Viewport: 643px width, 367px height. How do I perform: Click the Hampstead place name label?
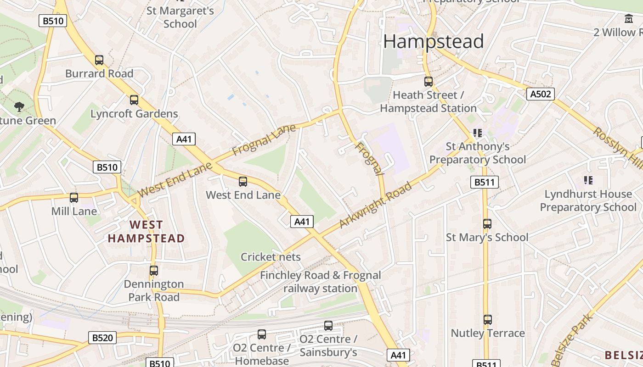tap(434, 41)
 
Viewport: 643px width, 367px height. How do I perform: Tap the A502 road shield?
tap(540, 94)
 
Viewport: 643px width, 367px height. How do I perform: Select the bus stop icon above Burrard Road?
tap(99, 60)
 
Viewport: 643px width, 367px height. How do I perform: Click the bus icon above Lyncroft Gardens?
tap(134, 100)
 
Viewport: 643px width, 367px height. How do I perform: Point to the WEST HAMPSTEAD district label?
tap(146, 232)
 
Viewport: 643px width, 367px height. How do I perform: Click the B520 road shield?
tap(102, 338)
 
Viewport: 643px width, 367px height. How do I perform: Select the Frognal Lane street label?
tap(264, 140)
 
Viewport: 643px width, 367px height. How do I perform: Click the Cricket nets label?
tap(271, 257)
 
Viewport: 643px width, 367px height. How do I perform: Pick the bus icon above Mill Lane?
tap(73, 198)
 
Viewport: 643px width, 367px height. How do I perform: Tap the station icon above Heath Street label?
tap(428, 82)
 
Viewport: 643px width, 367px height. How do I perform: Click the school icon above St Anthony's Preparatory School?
tap(478, 133)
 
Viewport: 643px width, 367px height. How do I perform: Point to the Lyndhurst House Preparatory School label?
tap(588, 200)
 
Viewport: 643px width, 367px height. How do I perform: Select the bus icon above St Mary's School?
tap(487, 224)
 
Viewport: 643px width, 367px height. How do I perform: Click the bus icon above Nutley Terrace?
tap(487, 319)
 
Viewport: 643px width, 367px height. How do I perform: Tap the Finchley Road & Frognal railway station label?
tap(320, 282)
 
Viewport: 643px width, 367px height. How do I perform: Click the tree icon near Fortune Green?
tap(19, 107)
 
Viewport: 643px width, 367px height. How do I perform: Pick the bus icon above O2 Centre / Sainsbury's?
tap(328, 326)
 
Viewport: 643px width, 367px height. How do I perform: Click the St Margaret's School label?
tap(180, 17)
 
